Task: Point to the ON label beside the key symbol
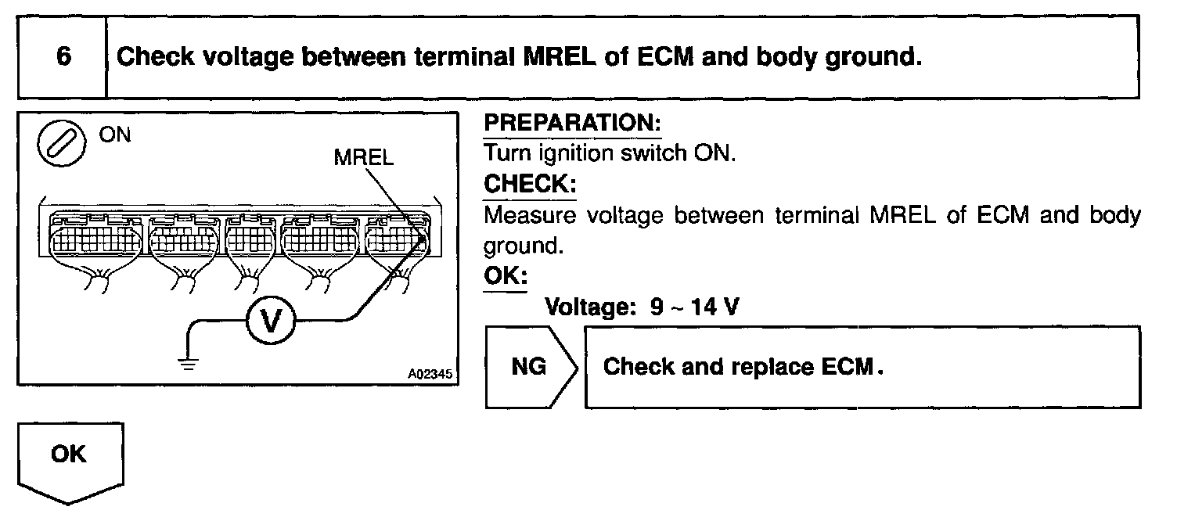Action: (115, 135)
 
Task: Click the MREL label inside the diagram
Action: (364, 157)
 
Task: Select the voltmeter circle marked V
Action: (269, 320)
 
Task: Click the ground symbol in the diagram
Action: (186, 361)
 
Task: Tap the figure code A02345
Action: (430, 374)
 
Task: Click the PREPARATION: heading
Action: (572, 124)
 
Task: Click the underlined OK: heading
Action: (505, 277)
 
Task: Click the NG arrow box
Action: (531, 367)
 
